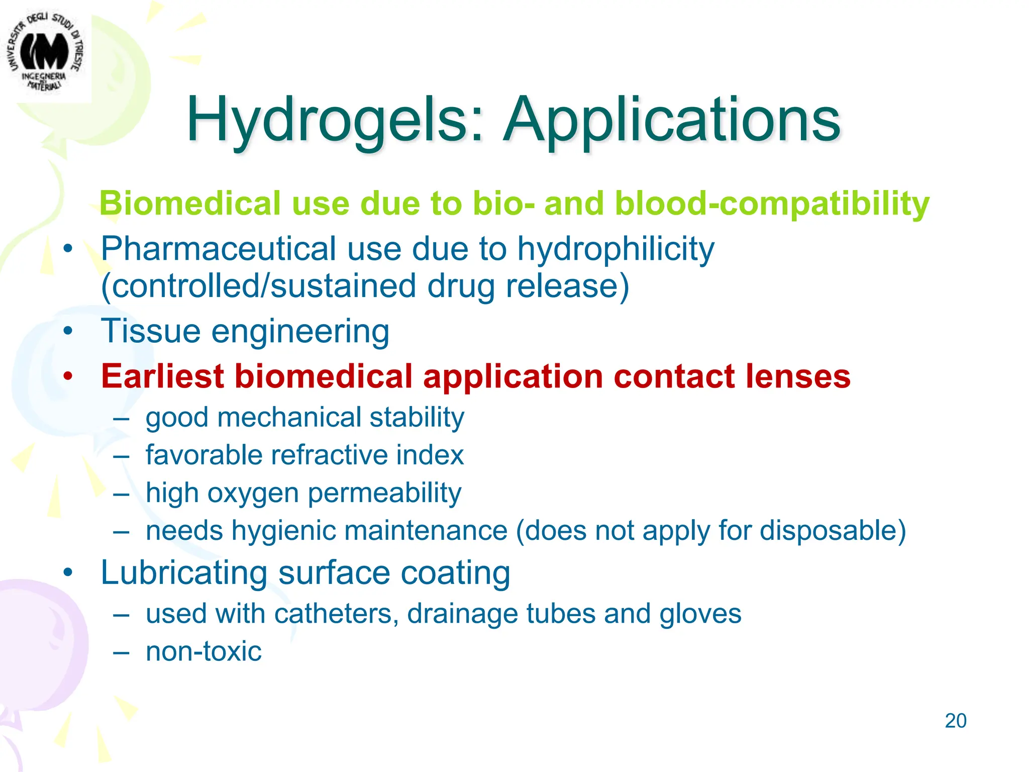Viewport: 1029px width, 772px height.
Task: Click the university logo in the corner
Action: [x=45, y=53]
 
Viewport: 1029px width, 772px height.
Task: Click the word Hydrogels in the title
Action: [x=329, y=121]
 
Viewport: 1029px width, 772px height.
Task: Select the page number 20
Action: [x=955, y=721]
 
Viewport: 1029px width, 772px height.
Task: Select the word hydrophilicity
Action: [x=615, y=249]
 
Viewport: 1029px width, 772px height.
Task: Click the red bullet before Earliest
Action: [x=68, y=376]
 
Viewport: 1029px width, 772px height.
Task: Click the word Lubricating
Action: [x=184, y=573]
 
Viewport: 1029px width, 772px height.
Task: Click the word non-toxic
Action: [x=203, y=651]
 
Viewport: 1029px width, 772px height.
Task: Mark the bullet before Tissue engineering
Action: [x=68, y=331]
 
